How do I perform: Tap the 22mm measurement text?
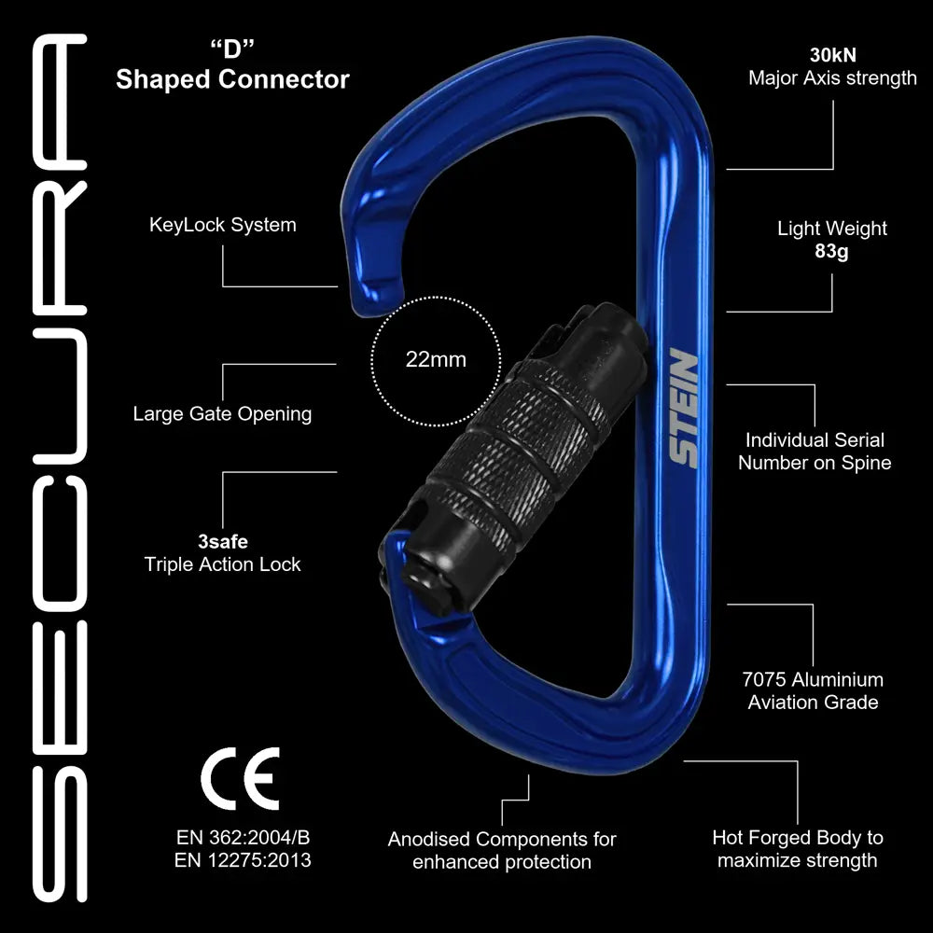pyautogui.click(x=436, y=359)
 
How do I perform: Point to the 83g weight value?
pyautogui.click(x=831, y=252)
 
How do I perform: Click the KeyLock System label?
pyautogui.click(x=223, y=225)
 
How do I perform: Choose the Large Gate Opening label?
pyautogui.click(x=222, y=413)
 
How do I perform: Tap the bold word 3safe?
pyautogui.click(x=222, y=540)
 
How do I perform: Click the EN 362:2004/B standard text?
pyautogui.click(x=243, y=836)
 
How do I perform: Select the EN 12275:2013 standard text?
pyautogui.click(x=243, y=860)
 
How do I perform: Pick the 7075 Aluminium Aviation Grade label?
pyautogui.click(x=813, y=691)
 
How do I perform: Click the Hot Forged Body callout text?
pyautogui.click(x=797, y=849)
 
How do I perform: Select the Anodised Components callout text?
pyautogui.click(x=502, y=851)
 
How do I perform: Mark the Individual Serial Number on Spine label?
pyautogui.click(x=815, y=451)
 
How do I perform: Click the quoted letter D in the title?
pyautogui.click(x=233, y=48)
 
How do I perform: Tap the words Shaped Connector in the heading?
pyautogui.click(x=232, y=79)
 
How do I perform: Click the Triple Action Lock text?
pyautogui.click(x=222, y=564)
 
